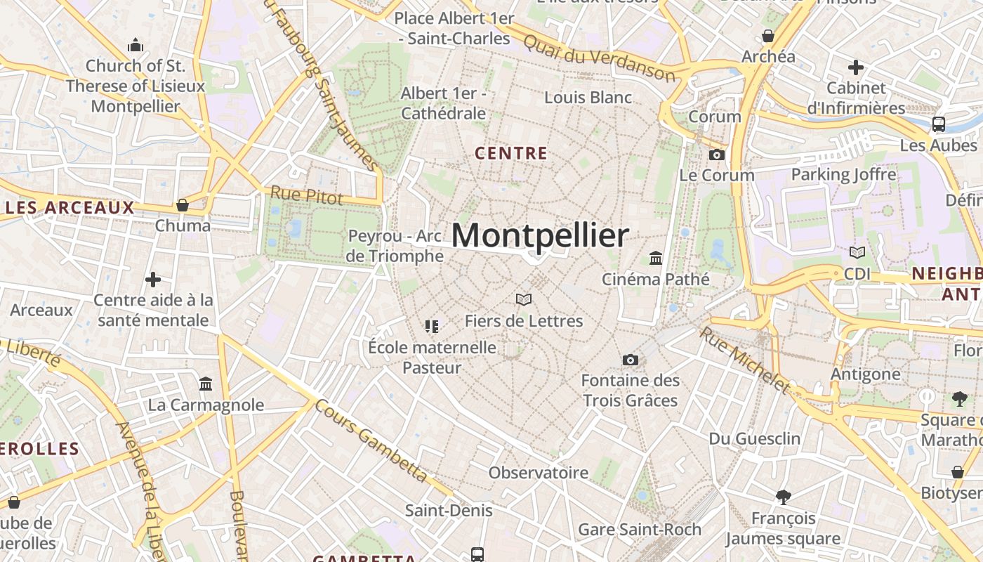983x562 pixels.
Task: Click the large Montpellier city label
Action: pyautogui.click(x=539, y=236)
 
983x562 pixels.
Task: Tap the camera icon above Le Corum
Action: pyautogui.click(x=717, y=155)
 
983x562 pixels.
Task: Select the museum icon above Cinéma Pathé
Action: pyautogui.click(x=656, y=258)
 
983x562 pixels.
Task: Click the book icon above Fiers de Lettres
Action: pyautogui.click(x=524, y=300)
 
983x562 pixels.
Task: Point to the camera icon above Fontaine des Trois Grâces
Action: pyautogui.click(x=631, y=360)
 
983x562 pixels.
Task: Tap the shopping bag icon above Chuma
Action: pyautogui.click(x=183, y=205)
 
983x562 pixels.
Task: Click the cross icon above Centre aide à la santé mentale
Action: pyautogui.click(x=153, y=280)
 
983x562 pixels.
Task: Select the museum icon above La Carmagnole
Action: pyautogui.click(x=206, y=384)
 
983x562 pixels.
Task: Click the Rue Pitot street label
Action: pyautogui.click(x=307, y=195)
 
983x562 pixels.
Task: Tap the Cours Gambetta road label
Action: pyautogui.click(x=371, y=440)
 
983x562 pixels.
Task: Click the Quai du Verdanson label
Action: pyautogui.click(x=599, y=58)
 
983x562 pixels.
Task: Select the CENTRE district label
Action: pyautogui.click(x=511, y=153)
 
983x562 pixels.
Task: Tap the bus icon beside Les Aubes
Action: pyautogui.click(x=938, y=124)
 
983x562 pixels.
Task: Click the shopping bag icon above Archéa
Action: pyautogui.click(x=768, y=35)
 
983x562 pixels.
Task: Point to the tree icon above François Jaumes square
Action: pyautogui.click(x=783, y=497)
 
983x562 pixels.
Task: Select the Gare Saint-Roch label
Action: pyautogui.click(x=640, y=529)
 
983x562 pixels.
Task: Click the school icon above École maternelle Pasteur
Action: pyautogui.click(x=431, y=326)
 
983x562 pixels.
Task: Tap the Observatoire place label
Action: pyautogui.click(x=539, y=473)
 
